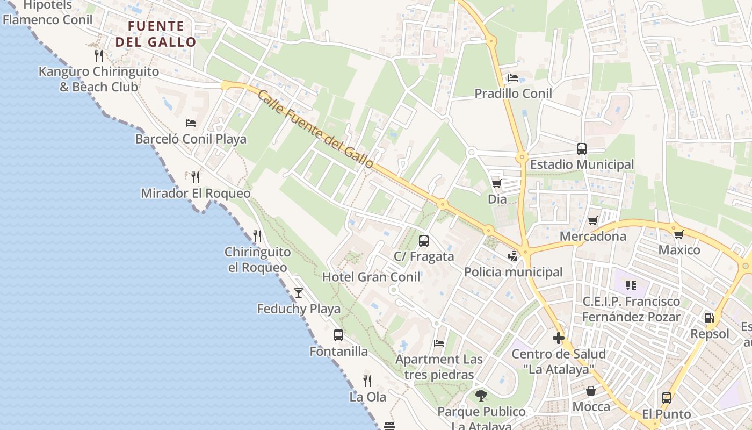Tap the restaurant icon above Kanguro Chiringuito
click(98, 55)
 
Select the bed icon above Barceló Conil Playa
click(191, 123)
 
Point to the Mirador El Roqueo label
click(196, 193)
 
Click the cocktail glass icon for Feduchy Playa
click(299, 293)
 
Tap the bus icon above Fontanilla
click(338, 335)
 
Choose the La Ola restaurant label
click(368, 397)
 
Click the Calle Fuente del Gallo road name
click(315, 129)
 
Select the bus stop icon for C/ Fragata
click(424, 241)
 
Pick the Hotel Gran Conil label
click(371, 277)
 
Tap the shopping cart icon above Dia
click(496, 184)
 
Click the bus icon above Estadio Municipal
click(582, 149)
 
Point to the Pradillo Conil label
click(513, 94)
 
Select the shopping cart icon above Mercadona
click(593, 220)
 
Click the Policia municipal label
click(513, 272)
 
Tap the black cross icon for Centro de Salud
click(559, 339)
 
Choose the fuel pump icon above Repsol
click(710, 318)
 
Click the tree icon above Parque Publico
click(481, 396)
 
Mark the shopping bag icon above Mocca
click(591, 391)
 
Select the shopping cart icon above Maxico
click(679, 234)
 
